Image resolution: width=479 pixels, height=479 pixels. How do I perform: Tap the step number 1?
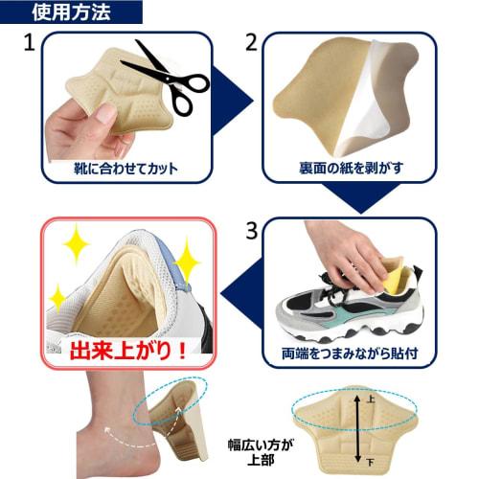[x=30, y=44]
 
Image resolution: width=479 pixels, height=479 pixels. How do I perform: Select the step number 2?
[x=252, y=43]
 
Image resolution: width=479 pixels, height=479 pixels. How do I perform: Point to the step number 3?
[x=252, y=231]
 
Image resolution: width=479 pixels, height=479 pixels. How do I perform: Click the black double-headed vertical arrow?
[x=358, y=429]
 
